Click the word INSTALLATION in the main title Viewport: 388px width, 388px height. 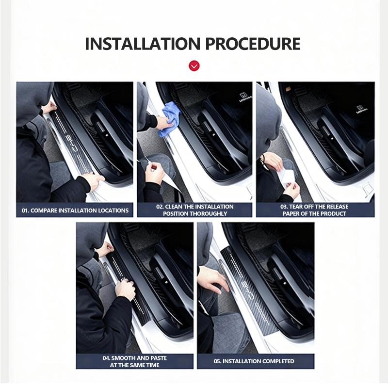click(x=142, y=44)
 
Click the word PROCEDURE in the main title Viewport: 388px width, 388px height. click(x=253, y=44)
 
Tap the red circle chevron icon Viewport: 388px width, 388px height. click(x=194, y=66)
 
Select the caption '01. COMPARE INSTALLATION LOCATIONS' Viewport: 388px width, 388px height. click(x=75, y=210)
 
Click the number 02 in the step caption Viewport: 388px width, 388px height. click(x=160, y=207)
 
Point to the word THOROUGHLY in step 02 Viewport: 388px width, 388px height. click(x=210, y=213)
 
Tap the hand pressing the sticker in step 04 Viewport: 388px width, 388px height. click(x=125, y=289)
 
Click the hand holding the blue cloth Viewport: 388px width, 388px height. click(x=164, y=123)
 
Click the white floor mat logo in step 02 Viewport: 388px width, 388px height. click(x=245, y=97)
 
